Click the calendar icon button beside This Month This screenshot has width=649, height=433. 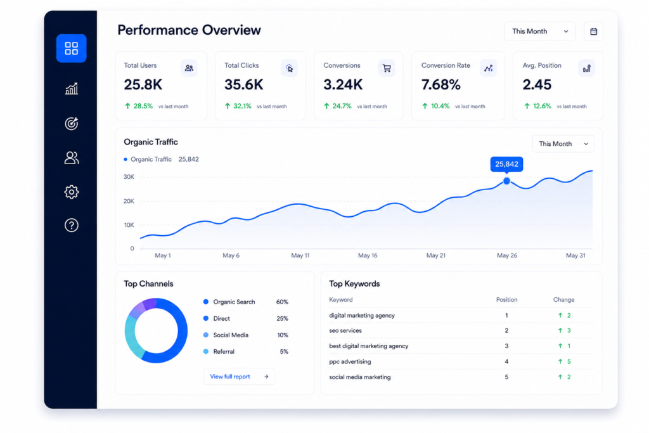593,32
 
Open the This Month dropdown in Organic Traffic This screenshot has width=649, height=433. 563,144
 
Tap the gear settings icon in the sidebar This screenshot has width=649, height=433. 71,191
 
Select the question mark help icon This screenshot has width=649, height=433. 71,225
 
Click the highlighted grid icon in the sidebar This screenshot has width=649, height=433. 71,48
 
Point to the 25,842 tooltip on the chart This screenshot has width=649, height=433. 506,164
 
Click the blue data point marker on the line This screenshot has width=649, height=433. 506,181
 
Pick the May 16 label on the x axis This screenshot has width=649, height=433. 368,255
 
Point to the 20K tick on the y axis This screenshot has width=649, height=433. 129,201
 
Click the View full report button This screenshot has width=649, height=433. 239,377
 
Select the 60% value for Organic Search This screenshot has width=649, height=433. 282,302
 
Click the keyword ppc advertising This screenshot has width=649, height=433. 350,361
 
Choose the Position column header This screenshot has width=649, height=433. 506,300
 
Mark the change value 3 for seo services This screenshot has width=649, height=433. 569,330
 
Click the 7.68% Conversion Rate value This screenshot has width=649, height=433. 441,85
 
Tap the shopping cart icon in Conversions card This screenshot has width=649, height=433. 387,68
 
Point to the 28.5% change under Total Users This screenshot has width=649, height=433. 143,106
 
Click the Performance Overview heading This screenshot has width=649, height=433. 189,30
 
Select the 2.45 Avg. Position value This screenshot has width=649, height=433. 537,85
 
